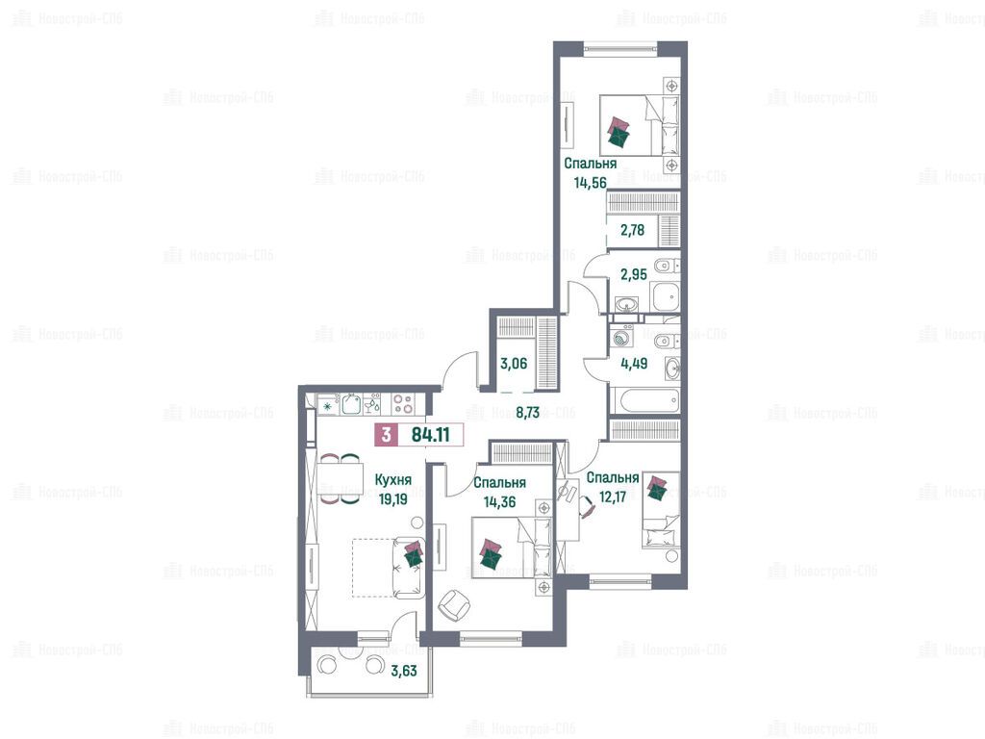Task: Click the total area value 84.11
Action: pos(430,434)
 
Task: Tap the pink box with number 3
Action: pos(387,434)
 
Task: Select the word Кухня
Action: pos(392,480)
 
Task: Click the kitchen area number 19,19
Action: pos(392,499)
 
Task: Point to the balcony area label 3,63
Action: pos(403,671)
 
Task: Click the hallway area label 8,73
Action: pos(528,413)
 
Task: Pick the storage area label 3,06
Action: pos(514,363)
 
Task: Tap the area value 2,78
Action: pos(632,230)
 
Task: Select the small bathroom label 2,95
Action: pos(633,274)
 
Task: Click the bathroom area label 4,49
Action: pos(633,363)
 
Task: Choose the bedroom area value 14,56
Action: pos(590,183)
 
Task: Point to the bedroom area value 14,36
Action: pos(499,502)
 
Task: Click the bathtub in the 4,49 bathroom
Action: pos(644,400)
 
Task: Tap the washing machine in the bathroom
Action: pos(620,336)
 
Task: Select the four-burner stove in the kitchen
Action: pos(403,404)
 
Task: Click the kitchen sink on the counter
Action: pos(351,404)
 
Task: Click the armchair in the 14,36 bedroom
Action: pos(454,605)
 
